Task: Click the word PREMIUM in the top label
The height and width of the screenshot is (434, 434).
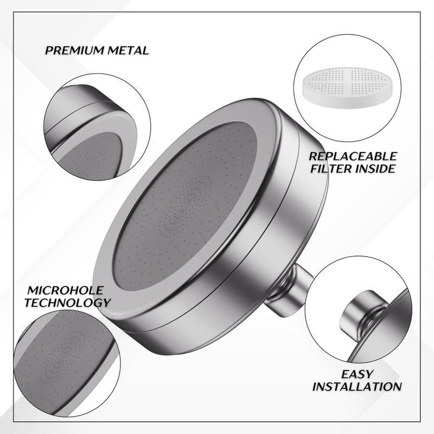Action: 73,51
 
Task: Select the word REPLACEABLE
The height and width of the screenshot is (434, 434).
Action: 353,156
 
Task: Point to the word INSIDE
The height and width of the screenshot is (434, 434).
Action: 376,169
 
